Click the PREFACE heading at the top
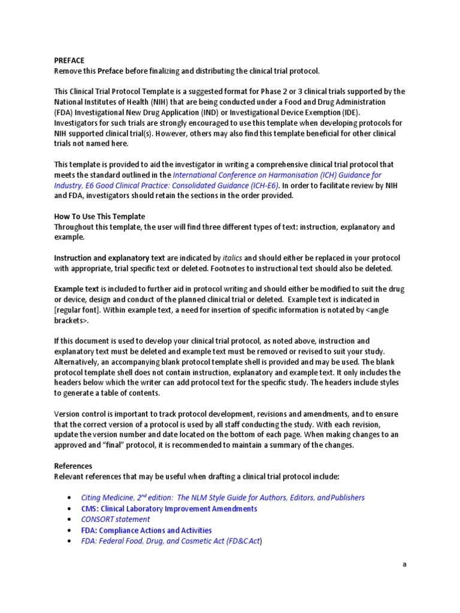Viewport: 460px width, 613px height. (x=69, y=60)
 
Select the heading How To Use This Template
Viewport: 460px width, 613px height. (x=99, y=216)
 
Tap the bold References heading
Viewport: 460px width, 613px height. (x=73, y=466)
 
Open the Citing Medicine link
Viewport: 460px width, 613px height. (x=222, y=497)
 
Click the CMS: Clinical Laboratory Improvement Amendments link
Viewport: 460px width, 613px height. (x=169, y=508)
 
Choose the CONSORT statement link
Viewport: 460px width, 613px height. (x=115, y=519)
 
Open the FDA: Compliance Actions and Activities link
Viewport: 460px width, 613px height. (x=146, y=530)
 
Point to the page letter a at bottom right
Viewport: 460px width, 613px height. (x=404, y=564)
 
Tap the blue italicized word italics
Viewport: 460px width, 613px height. (x=232, y=258)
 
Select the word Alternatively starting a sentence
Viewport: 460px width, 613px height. (x=79, y=362)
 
